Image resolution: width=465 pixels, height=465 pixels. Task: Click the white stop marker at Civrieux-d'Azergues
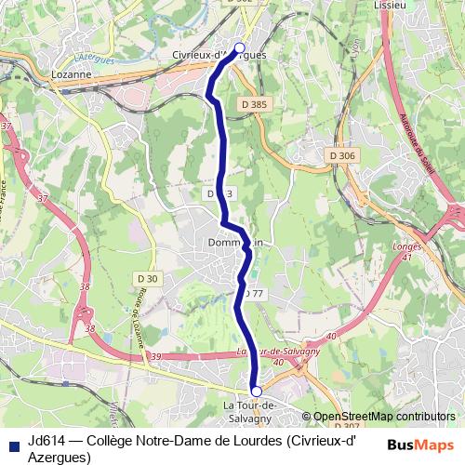click(x=239, y=47)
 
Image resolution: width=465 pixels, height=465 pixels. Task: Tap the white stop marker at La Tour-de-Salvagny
click(x=257, y=392)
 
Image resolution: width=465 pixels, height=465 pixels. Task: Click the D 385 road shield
click(x=252, y=105)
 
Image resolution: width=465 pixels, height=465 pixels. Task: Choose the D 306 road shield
click(x=343, y=155)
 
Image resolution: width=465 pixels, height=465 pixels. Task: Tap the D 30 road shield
click(x=147, y=278)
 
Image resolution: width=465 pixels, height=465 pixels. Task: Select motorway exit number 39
click(x=155, y=357)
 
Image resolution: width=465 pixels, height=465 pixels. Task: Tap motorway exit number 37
click(x=7, y=125)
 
